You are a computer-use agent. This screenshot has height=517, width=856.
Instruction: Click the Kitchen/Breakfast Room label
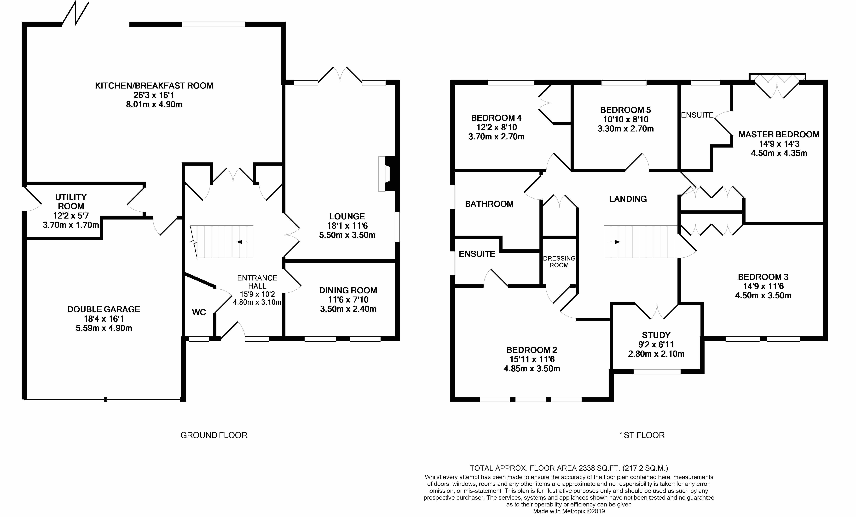point(154,86)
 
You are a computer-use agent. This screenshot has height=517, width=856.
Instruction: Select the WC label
point(199,312)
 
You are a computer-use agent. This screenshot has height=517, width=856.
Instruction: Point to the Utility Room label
point(71,201)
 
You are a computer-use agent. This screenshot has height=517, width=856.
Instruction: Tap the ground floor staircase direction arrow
point(243,242)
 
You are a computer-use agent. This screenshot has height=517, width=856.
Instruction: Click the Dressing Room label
point(559,262)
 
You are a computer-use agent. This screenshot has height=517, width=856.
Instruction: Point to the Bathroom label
point(489,204)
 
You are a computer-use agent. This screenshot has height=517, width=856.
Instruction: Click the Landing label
point(628,199)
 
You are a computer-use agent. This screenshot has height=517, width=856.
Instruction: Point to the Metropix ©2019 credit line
point(569,511)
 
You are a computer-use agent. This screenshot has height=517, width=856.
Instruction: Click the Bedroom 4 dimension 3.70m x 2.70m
point(496,137)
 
